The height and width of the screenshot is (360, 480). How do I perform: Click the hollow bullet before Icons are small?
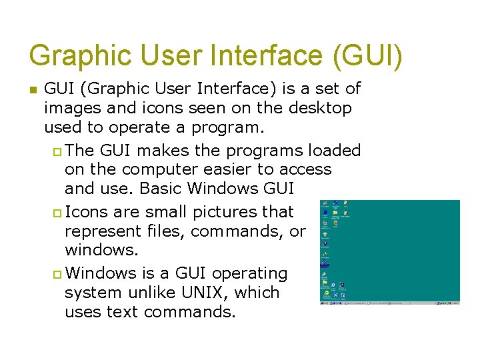tap(56, 213)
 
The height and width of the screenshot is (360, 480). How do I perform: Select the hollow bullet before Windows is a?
tap(56, 274)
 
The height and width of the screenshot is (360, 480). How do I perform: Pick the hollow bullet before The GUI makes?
tap(56, 151)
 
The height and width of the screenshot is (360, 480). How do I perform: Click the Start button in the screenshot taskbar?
tap(323, 303)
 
